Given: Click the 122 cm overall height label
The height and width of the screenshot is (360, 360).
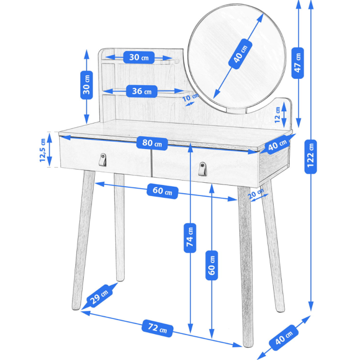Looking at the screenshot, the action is pyautogui.click(x=310, y=157).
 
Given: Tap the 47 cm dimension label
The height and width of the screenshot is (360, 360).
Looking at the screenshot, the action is pyautogui.click(x=297, y=63).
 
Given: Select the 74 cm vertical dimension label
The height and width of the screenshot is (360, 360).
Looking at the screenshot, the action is pyautogui.click(x=190, y=238).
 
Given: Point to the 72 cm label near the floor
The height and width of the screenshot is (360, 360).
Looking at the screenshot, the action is pyautogui.click(x=157, y=328).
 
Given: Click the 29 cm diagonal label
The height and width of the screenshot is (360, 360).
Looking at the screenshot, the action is pyautogui.click(x=100, y=295).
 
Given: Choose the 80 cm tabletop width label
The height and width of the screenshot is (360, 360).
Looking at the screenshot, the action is pyautogui.click(x=152, y=144).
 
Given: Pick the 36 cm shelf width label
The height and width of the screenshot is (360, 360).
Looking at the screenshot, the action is pyautogui.click(x=142, y=91).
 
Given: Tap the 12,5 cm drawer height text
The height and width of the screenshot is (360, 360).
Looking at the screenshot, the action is pyautogui.click(x=43, y=150).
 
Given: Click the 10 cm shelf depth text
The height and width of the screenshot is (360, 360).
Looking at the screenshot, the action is pyautogui.click(x=191, y=97).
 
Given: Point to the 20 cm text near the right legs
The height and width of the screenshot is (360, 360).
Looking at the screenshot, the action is pyautogui.click(x=256, y=193).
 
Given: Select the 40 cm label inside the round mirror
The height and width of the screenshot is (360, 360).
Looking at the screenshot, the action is pyautogui.click(x=240, y=54).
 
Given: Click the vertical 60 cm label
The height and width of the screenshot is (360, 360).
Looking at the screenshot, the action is pyautogui.click(x=212, y=265).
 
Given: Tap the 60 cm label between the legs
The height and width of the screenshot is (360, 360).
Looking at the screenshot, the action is pyautogui.click(x=162, y=191).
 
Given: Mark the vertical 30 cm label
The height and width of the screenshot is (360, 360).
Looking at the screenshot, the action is pyautogui.click(x=86, y=85).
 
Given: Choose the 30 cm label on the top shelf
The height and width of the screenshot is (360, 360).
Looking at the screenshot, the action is pyautogui.click(x=139, y=58).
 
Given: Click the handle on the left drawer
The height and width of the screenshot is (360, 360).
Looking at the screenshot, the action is pyautogui.click(x=102, y=160).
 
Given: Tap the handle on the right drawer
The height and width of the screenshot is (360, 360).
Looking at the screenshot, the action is pyautogui.click(x=203, y=169).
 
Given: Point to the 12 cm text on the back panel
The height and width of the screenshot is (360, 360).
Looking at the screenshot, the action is pyautogui.click(x=277, y=115).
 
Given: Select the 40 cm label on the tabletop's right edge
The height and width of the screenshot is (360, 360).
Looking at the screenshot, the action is pyautogui.click(x=277, y=144).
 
